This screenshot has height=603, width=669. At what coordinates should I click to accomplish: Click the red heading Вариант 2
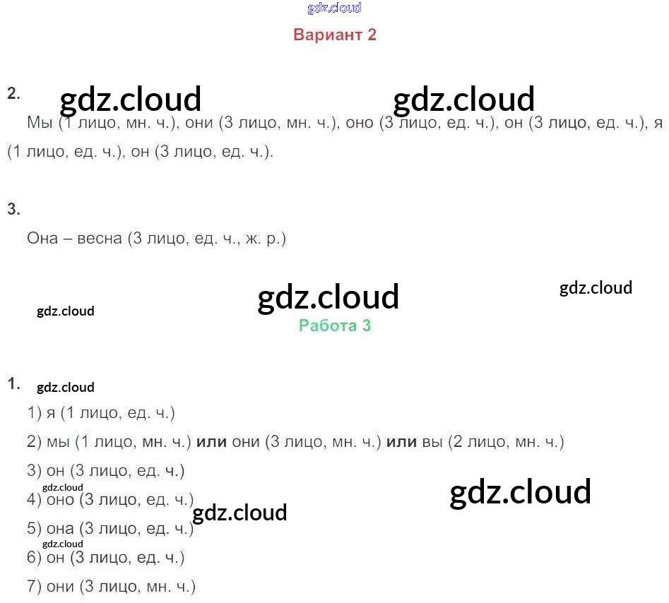(335, 35)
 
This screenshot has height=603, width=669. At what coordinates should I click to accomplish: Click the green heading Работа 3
(335, 326)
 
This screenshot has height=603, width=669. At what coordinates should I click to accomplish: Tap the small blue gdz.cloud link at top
(335, 8)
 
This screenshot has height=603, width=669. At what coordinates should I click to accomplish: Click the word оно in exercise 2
(360, 122)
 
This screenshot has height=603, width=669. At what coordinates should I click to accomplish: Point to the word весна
(100, 239)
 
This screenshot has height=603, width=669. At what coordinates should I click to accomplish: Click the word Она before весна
(45, 239)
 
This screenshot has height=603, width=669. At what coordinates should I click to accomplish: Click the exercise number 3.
(13, 209)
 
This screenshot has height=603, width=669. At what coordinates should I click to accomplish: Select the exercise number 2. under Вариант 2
(13, 94)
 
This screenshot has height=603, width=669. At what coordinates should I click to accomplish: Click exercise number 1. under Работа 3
(13, 384)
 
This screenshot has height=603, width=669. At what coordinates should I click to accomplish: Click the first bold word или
(211, 442)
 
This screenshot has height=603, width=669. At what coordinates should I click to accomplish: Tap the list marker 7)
(35, 586)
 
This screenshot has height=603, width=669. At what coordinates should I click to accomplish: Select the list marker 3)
(35, 470)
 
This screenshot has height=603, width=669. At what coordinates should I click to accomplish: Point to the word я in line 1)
(50, 413)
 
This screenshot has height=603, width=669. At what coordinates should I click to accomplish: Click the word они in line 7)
(60, 586)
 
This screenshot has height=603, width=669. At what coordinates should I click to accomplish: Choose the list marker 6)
(35, 557)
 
